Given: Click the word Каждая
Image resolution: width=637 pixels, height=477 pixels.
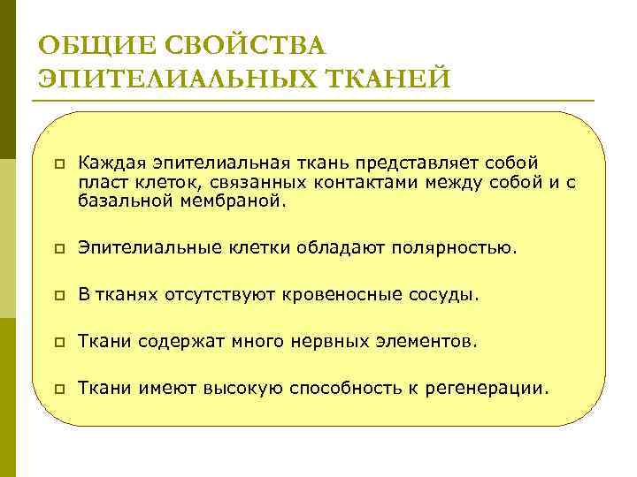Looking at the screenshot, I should [x=113, y=163].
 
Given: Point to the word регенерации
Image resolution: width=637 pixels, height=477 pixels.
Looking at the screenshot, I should [x=491, y=387].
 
